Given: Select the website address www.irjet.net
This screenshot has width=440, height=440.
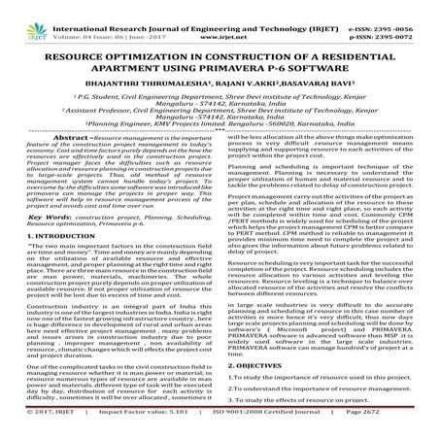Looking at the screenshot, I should click(220, 17).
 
